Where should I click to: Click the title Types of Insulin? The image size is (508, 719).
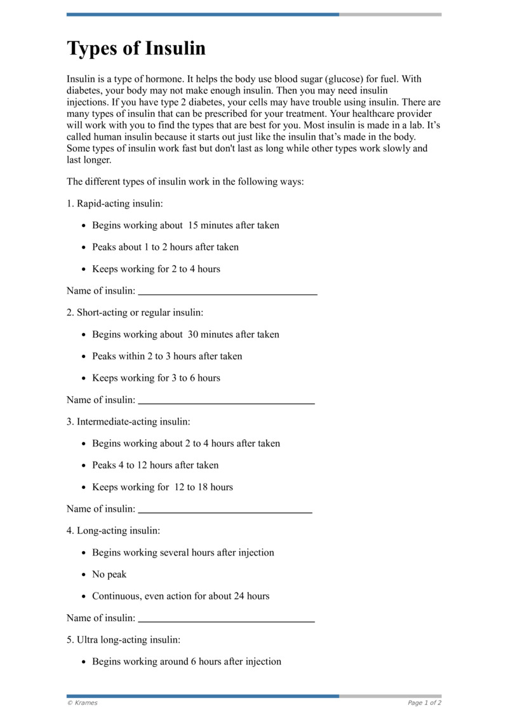[136, 49]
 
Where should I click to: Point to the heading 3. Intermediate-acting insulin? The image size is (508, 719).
[128, 421]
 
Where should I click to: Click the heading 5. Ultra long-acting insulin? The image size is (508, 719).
[123, 640]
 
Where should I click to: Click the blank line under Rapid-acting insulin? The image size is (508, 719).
[227, 292]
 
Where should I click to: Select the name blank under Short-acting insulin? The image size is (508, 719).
[226, 402]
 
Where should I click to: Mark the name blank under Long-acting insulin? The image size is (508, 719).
[226, 620]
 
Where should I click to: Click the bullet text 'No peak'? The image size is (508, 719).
[109, 575]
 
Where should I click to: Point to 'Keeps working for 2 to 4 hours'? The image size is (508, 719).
[156, 269]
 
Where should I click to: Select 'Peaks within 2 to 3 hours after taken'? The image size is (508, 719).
[167, 356]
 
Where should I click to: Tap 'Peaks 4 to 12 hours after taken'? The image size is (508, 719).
[155, 465]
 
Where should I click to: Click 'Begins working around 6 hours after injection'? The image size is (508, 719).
[187, 662]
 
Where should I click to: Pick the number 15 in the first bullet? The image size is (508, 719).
[192, 226]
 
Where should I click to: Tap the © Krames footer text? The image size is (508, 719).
[83, 703]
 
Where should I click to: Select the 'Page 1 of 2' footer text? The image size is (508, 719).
[424, 703]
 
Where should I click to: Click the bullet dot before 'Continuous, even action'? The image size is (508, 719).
[85, 597]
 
